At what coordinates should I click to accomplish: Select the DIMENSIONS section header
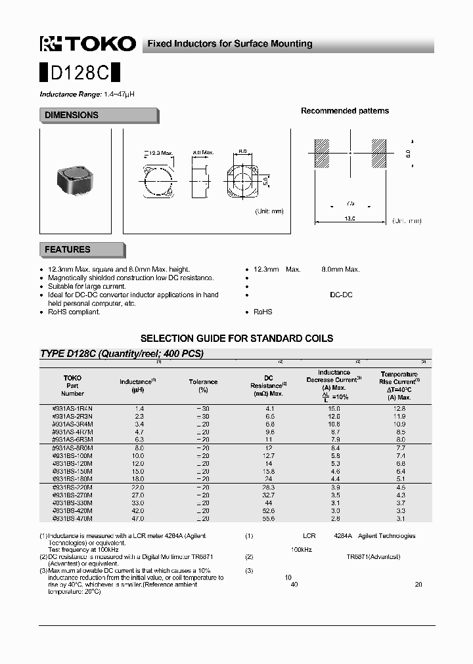pos(72,115)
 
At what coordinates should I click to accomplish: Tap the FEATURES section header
pos(68,250)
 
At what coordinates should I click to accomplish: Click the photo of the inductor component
pos(75,176)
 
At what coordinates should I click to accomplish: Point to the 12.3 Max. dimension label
pos(160,153)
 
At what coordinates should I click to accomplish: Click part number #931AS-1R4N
pos(72,408)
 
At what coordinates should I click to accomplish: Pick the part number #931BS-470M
pos(72,518)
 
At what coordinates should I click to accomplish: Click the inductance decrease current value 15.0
pos(334,408)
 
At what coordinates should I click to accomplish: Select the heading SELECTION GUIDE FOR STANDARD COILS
pos(237,339)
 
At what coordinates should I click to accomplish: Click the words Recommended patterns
pos(345,111)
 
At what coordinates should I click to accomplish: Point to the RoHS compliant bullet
pos(74,312)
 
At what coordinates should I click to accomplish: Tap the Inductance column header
pos(137,382)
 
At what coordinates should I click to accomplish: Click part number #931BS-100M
pos(72,455)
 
